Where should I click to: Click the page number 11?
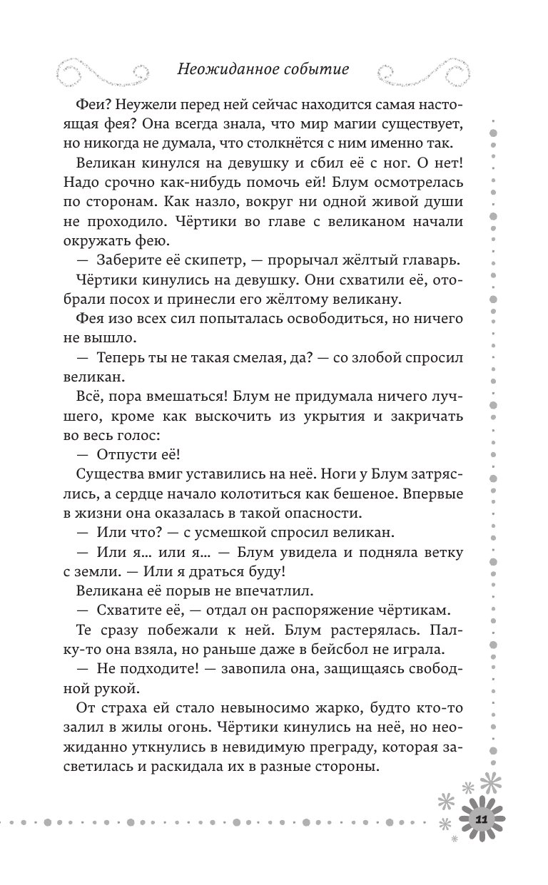pos(481,821)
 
